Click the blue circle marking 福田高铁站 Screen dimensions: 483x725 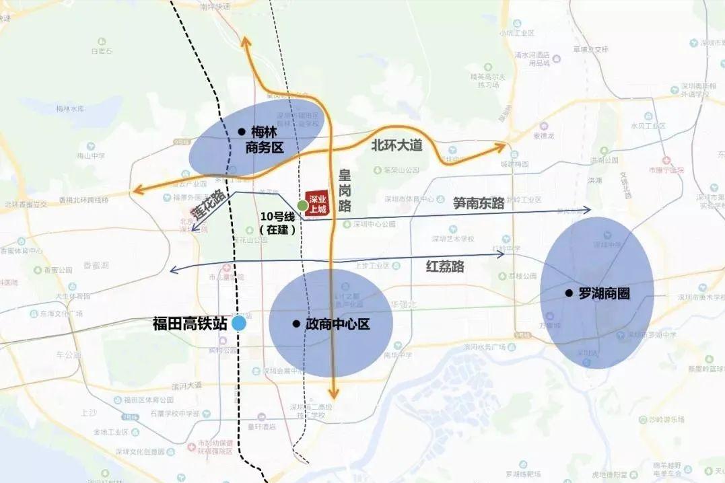click(x=239, y=324)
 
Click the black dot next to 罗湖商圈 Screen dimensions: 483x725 click(x=569, y=293)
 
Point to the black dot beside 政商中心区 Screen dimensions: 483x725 click(x=296, y=324)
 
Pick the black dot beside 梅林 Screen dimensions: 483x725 click(x=240, y=133)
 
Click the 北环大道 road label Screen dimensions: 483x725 click(x=396, y=145)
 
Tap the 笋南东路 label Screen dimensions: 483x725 click(x=479, y=203)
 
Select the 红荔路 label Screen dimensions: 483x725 click(x=445, y=266)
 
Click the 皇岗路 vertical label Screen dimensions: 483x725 click(x=345, y=190)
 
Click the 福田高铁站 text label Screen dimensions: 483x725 click(x=191, y=324)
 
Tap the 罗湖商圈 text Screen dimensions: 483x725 click(x=604, y=293)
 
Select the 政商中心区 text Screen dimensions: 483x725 click(x=338, y=324)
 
